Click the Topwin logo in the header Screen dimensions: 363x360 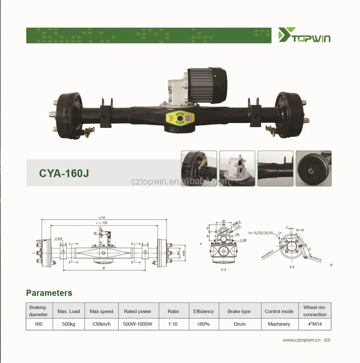(304, 35)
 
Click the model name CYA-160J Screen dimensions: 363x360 (64, 173)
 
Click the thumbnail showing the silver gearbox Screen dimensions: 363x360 (237, 168)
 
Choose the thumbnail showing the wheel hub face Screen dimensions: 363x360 (313, 168)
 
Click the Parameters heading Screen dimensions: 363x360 (49, 293)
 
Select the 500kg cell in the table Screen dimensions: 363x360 (68, 324)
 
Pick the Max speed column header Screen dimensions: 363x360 (102, 311)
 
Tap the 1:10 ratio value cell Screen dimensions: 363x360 (172, 324)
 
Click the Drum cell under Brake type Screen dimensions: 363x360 (239, 324)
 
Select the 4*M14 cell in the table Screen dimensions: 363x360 (314, 324)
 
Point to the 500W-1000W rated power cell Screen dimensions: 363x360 (138, 324)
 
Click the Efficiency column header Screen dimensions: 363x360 (203, 311)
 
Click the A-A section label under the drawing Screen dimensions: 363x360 (223, 269)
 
